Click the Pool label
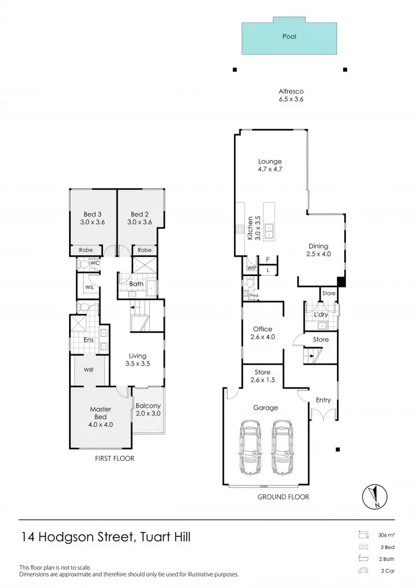pos(289,37)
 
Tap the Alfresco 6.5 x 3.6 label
pos(291,95)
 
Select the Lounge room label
pos(270,165)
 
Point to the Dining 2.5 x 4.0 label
pos(319,249)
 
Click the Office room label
pos(262,333)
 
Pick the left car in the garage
pos(250,439)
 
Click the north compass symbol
pos(374,497)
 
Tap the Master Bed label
pos(101,416)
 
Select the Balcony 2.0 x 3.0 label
pos(148,409)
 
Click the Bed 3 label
pos(92,218)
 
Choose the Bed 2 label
pos(140,218)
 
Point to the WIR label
pos(89,369)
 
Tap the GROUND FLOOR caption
pos(283,497)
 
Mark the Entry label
pos(323,400)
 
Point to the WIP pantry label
pos(252,268)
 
